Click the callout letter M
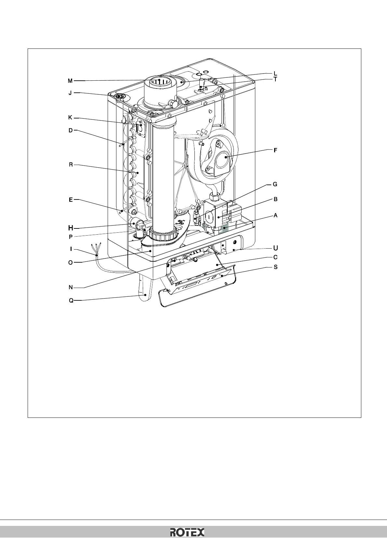click(70, 80)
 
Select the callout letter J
click(70, 93)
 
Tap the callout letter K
click(70, 118)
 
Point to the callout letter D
click(71, 130)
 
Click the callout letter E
click(71, 200)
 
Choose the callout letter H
click(71, 227)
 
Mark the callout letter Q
click(71, 301)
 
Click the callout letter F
click(275, 150)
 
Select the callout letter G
click(275, 184)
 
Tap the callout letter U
click(275, 248)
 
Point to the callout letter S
click(275, 267)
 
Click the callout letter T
click(275, 79)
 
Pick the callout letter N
click(71, 287)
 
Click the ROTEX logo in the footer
click(188, 532)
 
